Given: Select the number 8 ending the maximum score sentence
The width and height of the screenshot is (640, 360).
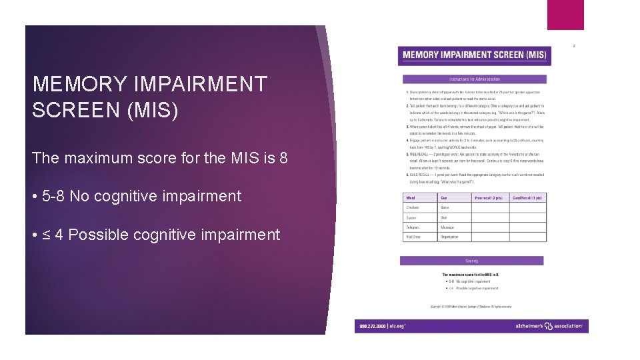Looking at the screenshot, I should point(283,159).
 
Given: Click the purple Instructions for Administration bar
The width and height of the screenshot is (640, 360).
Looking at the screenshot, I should point(474,79).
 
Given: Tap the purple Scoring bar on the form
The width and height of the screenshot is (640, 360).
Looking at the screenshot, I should point(472,261).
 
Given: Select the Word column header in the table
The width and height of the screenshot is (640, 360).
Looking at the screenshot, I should point(411,198).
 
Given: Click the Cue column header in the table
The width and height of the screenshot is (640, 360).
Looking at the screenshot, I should point(444,198).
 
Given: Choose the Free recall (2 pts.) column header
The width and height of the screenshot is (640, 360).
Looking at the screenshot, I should point(489,198).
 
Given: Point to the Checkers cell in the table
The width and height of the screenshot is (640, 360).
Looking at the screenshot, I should point(413,208).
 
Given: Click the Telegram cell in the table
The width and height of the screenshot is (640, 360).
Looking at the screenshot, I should point(413,227).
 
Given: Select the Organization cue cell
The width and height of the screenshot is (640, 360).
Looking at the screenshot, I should point(449,237).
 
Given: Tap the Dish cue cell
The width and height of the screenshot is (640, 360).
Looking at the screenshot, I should point(444,218).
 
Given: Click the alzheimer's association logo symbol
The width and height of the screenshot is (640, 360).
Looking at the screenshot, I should point(549,326).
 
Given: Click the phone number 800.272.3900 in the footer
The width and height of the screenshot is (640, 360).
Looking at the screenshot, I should point(372,327).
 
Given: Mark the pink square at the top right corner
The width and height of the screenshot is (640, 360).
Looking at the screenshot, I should point(565,15).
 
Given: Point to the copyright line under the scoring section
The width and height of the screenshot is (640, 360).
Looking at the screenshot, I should point(471,307).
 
